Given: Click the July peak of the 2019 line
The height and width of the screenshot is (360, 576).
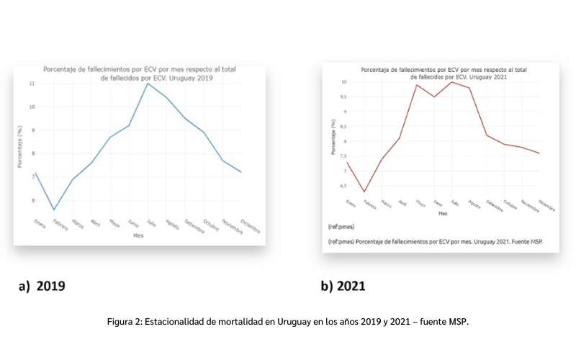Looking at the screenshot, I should pos(148,84).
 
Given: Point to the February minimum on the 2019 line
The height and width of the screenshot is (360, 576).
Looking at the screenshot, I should pos(53,210).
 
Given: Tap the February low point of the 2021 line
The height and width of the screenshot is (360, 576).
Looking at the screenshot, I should pos(365,192).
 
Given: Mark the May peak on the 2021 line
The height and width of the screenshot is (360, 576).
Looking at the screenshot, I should pos(416,85).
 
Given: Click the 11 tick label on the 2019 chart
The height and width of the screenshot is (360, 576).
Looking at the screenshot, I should pos(31,84).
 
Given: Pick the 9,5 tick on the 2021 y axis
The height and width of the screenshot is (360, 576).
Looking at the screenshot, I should pos(343,96).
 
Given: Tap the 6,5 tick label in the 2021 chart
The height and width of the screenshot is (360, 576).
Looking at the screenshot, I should pos(343,186).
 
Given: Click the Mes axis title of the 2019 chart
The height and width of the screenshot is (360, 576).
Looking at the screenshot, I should pos(138,235).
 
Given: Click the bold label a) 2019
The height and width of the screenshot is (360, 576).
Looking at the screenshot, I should pos(42,286).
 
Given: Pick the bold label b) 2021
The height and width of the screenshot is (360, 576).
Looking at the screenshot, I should pos(343,286).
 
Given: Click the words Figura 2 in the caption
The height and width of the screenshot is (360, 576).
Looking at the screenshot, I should pos(124,322).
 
